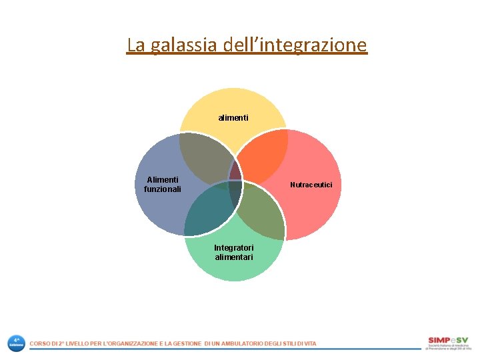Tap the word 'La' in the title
pyautogui.click(x=135, y=45)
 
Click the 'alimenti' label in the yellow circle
pyautogui.click(x=233, y=118)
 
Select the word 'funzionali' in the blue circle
pyautogui.click(x=163, y=189)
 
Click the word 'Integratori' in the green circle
pyautogui.click(x=233, y=248)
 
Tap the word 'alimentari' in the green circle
pyautogui.click(x=233, y=257)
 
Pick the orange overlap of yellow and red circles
pyautogui.click(x=261, y=155)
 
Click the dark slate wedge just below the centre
pyautogui.click(x=235, y=193)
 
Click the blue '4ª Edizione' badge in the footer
pyautogui.click(x=16, y=343)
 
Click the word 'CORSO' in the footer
pyautogui.click(x=39, y=343)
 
